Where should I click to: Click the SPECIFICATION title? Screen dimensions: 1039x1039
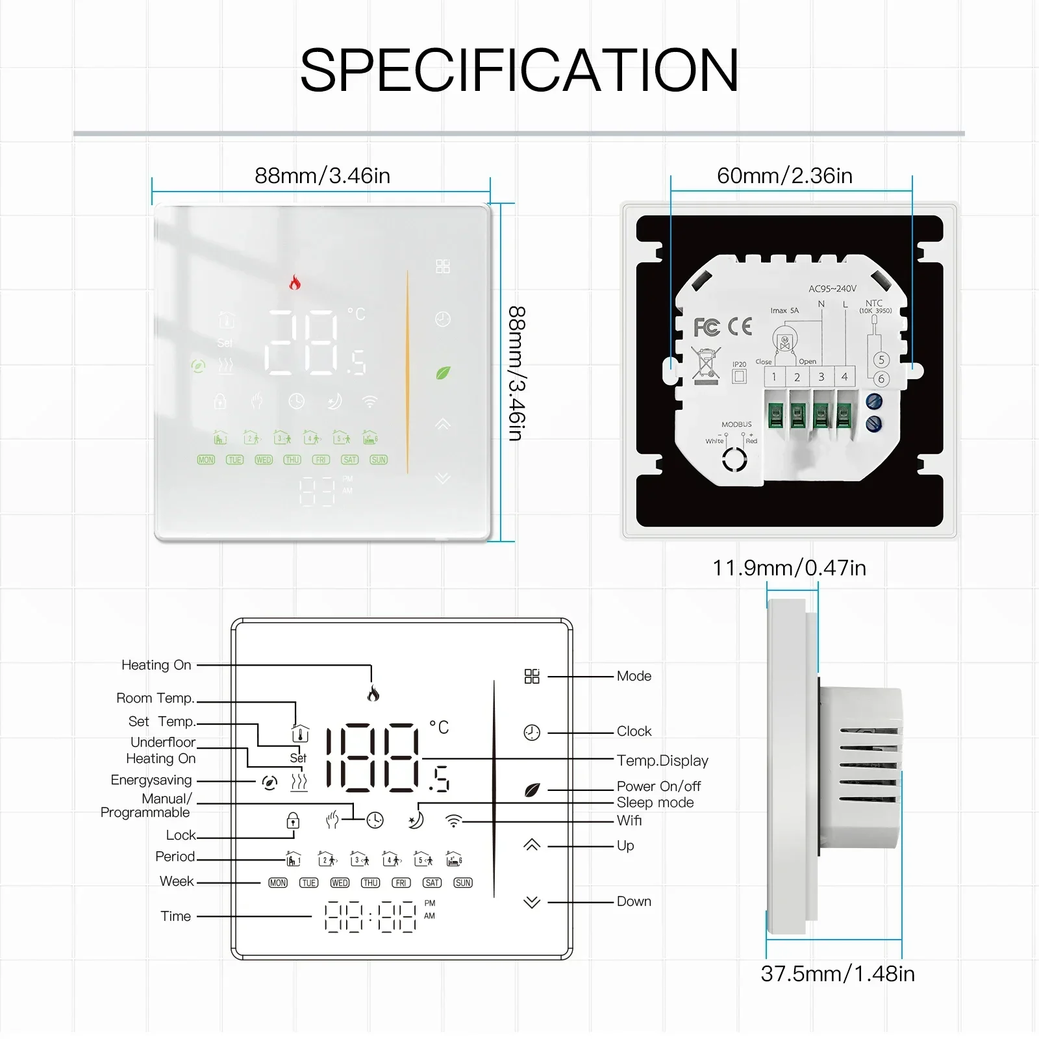(519, 70)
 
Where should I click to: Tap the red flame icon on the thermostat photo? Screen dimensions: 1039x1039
(295, 282)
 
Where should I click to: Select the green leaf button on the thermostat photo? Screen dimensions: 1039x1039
(443, 373)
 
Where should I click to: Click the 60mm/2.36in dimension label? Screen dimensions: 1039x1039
(784, 176)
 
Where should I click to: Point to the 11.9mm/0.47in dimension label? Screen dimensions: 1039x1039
(789, 568)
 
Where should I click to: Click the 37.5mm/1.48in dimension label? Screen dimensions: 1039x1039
(838, 974)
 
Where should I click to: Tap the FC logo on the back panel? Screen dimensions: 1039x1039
(707, 327)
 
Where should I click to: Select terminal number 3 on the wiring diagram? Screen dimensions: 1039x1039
(821, 377)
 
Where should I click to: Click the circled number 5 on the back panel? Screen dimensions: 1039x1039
(881, 360)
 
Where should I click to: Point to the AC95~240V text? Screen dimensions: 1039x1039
(832, 288)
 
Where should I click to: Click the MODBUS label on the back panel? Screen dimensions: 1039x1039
(736, 425)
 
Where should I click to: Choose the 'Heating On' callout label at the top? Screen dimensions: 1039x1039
(156, 665)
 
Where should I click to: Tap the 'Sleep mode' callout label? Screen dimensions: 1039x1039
(655, 803)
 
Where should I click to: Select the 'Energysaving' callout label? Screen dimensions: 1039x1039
(151, 780)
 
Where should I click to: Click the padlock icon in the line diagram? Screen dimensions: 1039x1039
(293, 821)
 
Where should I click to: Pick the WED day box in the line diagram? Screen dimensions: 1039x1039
(340, 883)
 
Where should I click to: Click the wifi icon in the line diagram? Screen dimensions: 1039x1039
(453, 821)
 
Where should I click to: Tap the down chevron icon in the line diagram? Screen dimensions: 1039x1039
(532, 902)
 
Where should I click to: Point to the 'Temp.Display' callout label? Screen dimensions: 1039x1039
(662, 760)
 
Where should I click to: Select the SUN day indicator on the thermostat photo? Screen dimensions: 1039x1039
(379, 460)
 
